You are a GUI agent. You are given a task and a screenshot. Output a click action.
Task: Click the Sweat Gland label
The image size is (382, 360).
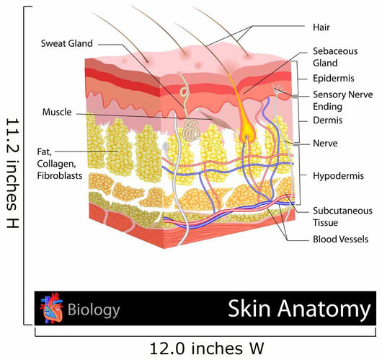(x=67, y=43)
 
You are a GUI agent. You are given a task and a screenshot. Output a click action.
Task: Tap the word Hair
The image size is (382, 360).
(x=321, y=27)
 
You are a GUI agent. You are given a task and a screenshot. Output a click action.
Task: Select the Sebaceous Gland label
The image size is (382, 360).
(x=335, y=57)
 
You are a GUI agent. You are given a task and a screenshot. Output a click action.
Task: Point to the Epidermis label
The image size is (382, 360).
(x=333, y=79)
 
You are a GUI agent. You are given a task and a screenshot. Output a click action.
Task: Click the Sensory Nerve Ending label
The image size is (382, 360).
(x=342, y=100)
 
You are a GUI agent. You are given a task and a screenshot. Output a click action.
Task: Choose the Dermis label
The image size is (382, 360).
(x=327, y=120)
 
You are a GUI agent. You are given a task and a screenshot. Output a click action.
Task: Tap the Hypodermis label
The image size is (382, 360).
(x=338, y=175)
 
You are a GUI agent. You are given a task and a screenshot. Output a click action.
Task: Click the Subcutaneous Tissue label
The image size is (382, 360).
(x=342, y=216)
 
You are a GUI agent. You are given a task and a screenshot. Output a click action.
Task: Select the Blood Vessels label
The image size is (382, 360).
(x=340, y=239)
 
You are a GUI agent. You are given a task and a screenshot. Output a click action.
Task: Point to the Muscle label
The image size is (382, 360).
(x=57, y=112)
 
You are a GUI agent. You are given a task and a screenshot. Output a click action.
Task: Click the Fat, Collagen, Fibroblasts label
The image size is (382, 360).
(x=59, y=164)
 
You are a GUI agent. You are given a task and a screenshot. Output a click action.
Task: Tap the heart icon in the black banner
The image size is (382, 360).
(x=51, y=308)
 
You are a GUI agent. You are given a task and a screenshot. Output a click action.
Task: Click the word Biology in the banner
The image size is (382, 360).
(x=94, y=309)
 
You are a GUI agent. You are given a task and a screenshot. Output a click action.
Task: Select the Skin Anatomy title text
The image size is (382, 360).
(x=299, y=309)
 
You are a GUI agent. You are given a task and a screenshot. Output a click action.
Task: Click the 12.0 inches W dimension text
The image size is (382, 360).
(x=207, y=348)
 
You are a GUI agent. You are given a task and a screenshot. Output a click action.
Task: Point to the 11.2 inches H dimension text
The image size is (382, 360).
(x=12, y=173)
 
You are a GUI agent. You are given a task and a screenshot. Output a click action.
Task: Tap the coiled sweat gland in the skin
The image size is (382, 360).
(x=191, y=131)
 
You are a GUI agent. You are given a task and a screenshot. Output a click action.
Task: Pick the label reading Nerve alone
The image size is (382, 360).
(x=325, y=143)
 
